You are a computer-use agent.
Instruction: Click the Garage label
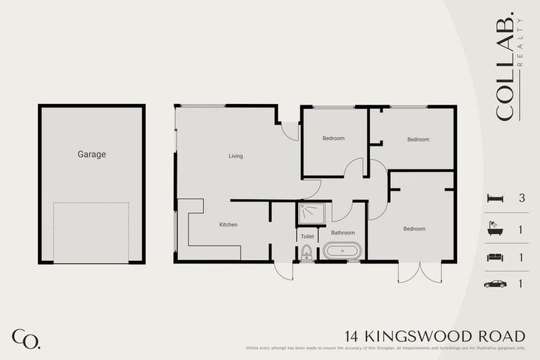point(91,154)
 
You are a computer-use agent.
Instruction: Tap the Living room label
point(236,156)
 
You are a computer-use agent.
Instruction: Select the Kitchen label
point(229,225)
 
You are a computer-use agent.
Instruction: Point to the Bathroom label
point(343,233)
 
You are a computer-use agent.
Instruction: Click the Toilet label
point(307,237)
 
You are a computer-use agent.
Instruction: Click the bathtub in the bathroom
point(342,251)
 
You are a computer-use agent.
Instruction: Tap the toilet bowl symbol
point(307,255)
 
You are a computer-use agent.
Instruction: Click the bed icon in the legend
point(495,198)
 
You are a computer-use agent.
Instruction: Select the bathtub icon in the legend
point(495,229)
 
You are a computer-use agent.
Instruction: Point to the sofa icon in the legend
point(495,257)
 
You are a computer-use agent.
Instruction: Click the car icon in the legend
point(495,284)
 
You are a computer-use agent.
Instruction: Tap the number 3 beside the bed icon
point(522,198)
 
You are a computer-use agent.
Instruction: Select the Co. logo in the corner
point(26,338)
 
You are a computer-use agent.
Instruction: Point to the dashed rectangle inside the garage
point(91,232)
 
